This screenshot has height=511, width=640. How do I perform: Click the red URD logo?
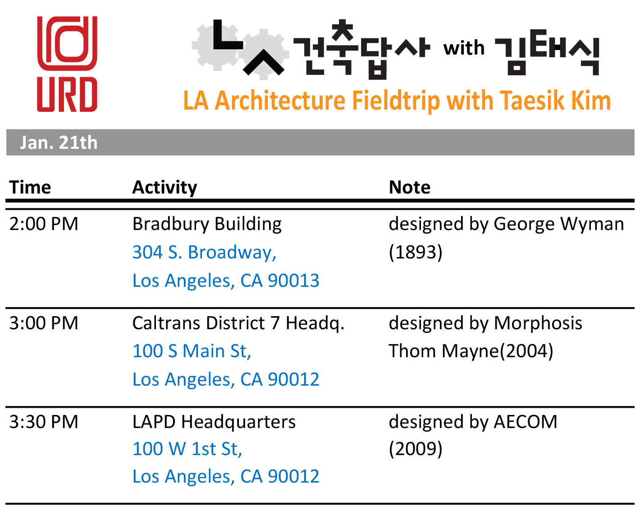[x=67, y=64]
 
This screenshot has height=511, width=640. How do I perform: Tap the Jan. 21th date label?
[x=59, y=143]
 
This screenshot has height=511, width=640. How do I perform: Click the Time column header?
[x=30, y=187]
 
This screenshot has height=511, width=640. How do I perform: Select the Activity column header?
[x=165, y=188]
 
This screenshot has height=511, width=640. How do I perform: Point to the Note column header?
[x=410, y=187]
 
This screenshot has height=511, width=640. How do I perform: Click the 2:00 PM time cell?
[x=44, y=224]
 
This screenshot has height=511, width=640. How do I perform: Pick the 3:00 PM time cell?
[x=44, y=323]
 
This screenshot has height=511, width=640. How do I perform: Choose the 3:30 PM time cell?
[x=44, y=422]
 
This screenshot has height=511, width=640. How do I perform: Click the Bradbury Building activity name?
[x=207, y=225]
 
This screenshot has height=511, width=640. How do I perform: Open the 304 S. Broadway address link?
[x=204, y=253]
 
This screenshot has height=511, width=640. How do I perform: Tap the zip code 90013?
[x=293, y=281]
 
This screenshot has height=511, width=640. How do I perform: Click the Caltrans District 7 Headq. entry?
[x=238, y=324]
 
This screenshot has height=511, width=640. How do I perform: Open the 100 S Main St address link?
[x=192, y=351]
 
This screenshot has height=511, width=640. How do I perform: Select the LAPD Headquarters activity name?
[x=214, y=422]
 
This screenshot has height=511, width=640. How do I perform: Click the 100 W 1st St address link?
[x=187, y=449]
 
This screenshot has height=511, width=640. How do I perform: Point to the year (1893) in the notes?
[x=416, y=253]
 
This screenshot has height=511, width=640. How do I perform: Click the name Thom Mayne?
[x=443, y=351]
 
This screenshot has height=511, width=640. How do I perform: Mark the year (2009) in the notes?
[x=416, y=449]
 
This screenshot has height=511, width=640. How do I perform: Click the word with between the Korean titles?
[x=464, y=48]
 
